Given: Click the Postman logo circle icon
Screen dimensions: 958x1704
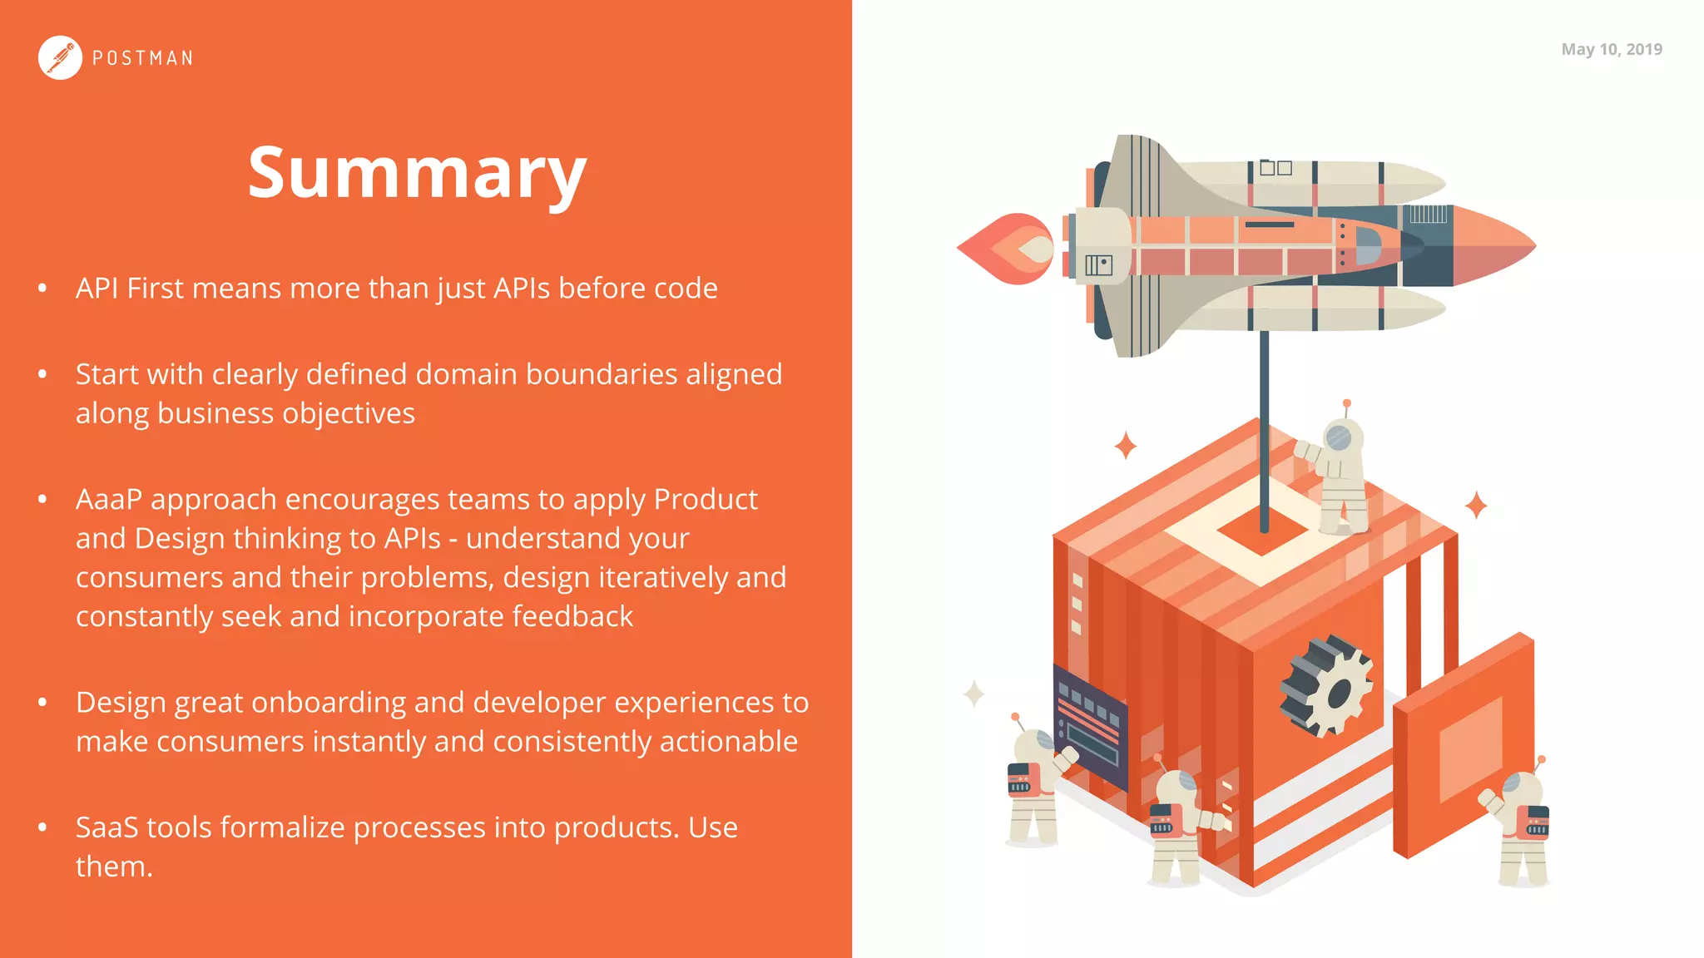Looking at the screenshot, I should (60, 58).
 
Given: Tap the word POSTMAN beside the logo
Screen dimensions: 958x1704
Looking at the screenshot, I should (142, 58).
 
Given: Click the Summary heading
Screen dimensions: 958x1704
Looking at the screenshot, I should (417, 172).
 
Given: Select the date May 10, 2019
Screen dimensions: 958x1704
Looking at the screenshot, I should (1611, 49).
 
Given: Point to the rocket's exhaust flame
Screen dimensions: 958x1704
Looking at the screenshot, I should (1008, 248).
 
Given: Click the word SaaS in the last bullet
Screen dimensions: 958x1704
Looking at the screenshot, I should (106, 827).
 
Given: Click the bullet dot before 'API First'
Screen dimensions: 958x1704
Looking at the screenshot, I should (42, 289).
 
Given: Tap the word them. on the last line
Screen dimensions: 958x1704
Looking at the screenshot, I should (114, 867).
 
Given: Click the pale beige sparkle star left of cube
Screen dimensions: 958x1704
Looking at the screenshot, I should (973, 693).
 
